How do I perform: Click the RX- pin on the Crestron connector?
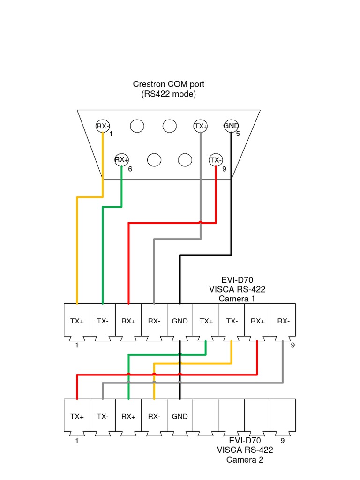pos(103,126)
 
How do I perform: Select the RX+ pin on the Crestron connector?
pos(121,160)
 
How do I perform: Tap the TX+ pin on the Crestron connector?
pos(201,126)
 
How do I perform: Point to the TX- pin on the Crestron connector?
pos(216,160)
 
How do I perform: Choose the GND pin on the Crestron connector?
pos(231,126)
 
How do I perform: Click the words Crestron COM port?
pos(168,84)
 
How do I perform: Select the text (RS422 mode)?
pos(168,94)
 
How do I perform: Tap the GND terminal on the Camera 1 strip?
pos(180,321)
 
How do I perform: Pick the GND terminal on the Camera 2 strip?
pos(180,416)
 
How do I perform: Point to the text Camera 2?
pos(245,460)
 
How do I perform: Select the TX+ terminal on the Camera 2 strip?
pos(77,416)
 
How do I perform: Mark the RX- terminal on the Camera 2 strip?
pos(154,416)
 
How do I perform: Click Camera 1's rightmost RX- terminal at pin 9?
pos(283,321)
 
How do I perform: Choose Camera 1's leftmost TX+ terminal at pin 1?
pos(77,321)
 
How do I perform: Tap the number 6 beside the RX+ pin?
pos(130,169)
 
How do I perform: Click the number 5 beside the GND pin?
pos(238,134)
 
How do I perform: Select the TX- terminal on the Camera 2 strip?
pos(103,416)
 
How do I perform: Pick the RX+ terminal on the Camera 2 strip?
pos(128,416)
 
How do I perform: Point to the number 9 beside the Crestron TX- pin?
pos(224,169)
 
